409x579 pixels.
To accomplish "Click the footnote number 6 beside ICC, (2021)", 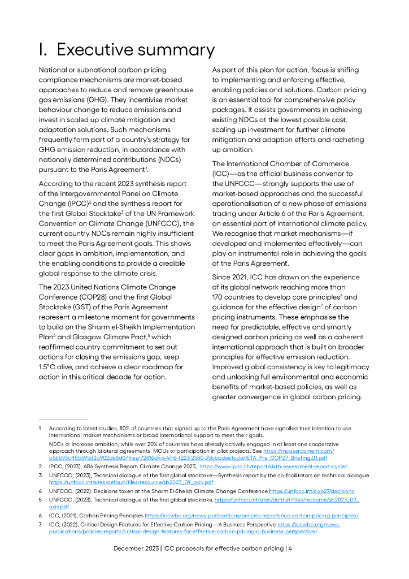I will click(41, 516).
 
